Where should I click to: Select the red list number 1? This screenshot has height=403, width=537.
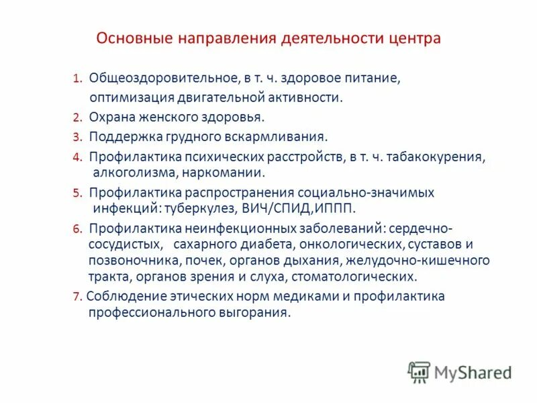pos(77,79)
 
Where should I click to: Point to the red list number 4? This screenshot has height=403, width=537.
pos(77,157)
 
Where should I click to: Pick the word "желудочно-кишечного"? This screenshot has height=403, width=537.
pos(418,260)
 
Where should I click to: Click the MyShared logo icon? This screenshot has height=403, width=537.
pos(419,371)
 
